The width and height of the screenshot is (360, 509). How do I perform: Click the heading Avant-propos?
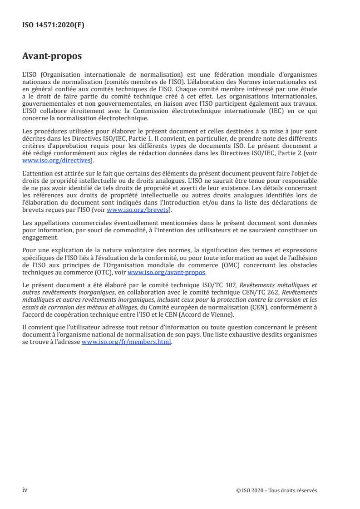click(52, 57)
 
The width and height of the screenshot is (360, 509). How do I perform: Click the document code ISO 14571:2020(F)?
click(53, 25)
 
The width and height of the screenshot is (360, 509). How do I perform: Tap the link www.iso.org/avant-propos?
click(167, 272)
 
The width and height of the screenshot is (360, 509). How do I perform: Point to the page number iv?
click(25, 490)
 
